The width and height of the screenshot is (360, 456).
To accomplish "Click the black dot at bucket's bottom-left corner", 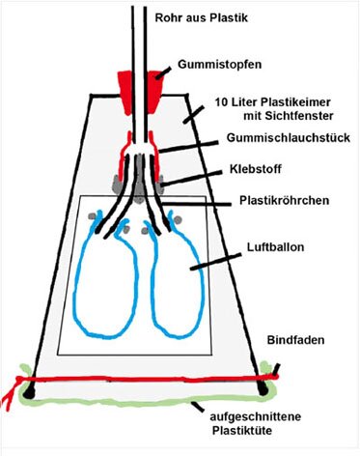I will [30, 392].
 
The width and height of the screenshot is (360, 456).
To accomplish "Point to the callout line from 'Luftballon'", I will [207, 259].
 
